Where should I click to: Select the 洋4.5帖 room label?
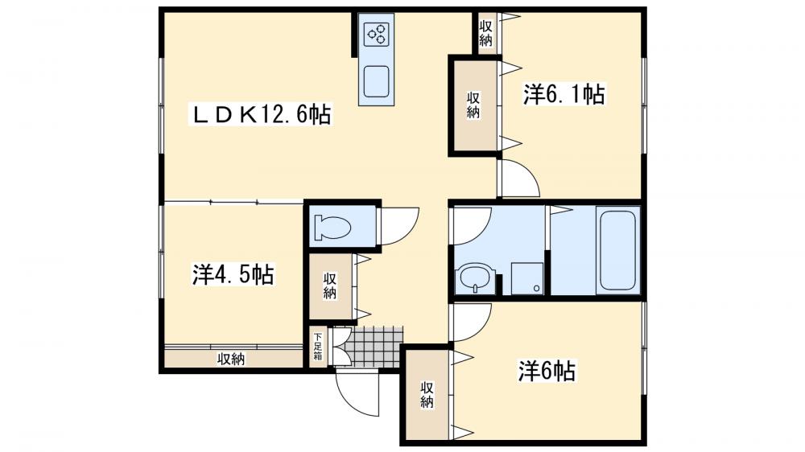pos(233,275)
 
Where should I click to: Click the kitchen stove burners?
pos(376,34)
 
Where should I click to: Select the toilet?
pos(332,226)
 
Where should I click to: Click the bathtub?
pos(618,249)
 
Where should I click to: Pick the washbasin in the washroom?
pos(472,278)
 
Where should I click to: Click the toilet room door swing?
pos(398,225)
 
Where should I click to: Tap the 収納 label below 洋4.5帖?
pos(231,360)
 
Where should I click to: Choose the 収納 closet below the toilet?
pos(330,286)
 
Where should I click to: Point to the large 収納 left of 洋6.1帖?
pos(474,105)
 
